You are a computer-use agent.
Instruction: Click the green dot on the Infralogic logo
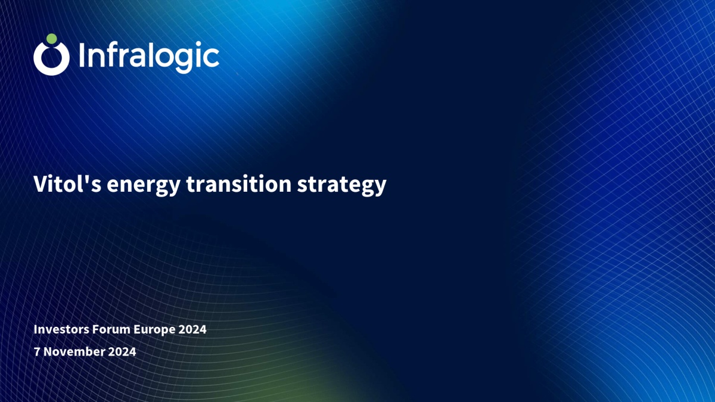(x=51, y=39)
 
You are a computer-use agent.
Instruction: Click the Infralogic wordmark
(x=149, y=57)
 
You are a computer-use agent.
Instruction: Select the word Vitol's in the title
(x=67, y=184)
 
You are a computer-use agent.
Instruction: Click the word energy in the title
(x=144, y=186)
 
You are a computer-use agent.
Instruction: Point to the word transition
(x=239, y=184)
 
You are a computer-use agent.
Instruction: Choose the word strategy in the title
(x=341, y=186)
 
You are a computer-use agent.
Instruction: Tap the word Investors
(x=61, y=329)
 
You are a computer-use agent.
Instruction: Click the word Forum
(x=111, y=329)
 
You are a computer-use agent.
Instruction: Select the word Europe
(x=154, y=330)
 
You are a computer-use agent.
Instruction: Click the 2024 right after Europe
(x=192, y=329)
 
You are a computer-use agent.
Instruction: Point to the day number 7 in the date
(x=37, y=351)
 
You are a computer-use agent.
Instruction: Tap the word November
(x=74, y=351)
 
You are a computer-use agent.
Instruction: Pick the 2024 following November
(x=122, y=351)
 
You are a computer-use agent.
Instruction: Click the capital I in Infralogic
(x=82, y=55)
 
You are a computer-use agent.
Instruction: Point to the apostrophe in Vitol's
(x=86, y=179)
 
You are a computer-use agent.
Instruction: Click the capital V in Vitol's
(x=41, y=184)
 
